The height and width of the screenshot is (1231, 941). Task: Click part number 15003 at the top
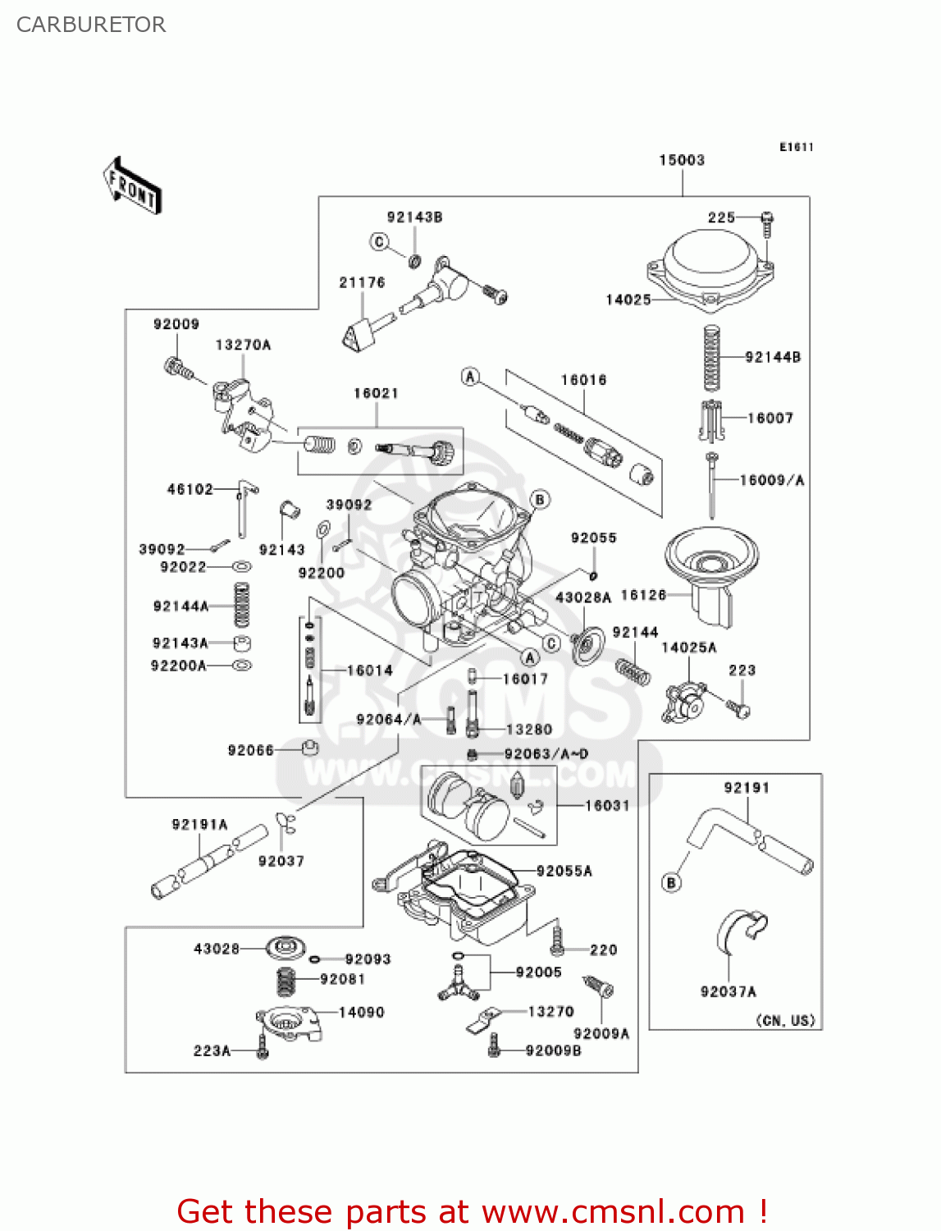(682, 160)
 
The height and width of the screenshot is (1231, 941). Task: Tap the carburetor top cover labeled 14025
(711, 267)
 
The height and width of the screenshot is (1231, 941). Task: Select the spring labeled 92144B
(712, 358)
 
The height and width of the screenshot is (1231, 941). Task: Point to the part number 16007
(770, 418)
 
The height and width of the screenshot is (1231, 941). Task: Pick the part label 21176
(362, 282)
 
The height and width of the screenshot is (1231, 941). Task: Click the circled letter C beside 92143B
(379, 241)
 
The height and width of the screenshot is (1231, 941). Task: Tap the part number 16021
(376, 393)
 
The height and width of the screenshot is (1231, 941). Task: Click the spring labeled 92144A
(241, 606)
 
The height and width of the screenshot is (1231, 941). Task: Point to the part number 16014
(369, 670)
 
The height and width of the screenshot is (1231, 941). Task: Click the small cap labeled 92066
(310, 748)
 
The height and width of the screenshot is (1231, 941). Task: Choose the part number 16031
(607, 806)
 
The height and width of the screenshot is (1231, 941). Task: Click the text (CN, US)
(785, 1020)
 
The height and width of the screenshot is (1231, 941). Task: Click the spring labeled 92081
(285, 981)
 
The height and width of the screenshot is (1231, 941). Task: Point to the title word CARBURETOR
(91, 25)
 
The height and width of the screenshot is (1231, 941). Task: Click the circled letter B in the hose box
(672, 882)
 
